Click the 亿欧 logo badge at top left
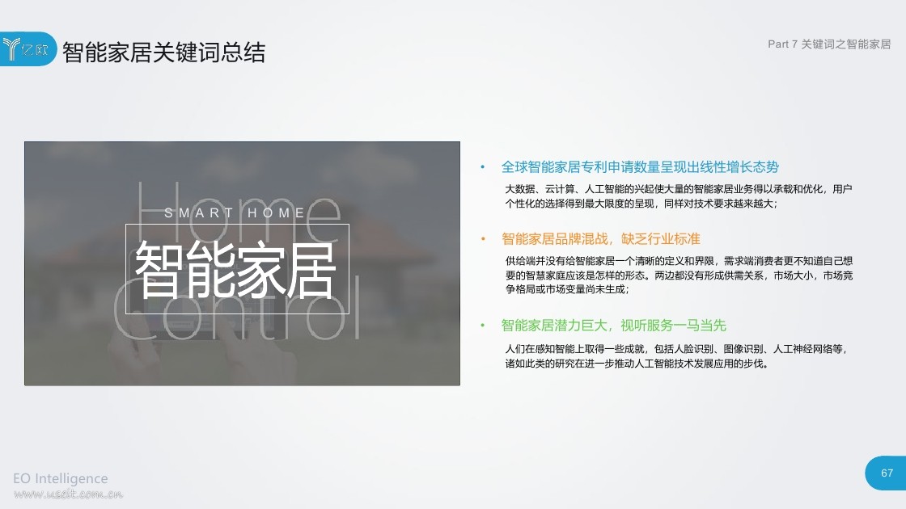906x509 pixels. [x=28, y=49]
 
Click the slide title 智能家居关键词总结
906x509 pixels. [x=163, y=53]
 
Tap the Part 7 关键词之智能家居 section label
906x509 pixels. [x=829, y=44]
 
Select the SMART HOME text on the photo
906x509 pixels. [x=235, y=213]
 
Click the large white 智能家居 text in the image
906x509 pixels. [x=235, y=270]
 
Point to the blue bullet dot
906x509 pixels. [x=482, y=167]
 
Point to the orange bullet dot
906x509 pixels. [x=483, y=239]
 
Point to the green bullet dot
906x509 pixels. [x=482, y=326]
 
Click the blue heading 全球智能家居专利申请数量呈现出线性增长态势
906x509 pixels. [x=640, y=167]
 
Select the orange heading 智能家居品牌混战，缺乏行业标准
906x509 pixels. [x=601, y=239]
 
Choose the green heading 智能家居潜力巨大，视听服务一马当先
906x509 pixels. [x=614, y=326]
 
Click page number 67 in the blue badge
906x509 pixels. [x=887, y=473]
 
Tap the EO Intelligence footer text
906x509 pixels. [x=61, y=478]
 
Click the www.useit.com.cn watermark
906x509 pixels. [x=68, y=494]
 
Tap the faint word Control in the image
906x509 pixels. [x=236, y=308]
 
